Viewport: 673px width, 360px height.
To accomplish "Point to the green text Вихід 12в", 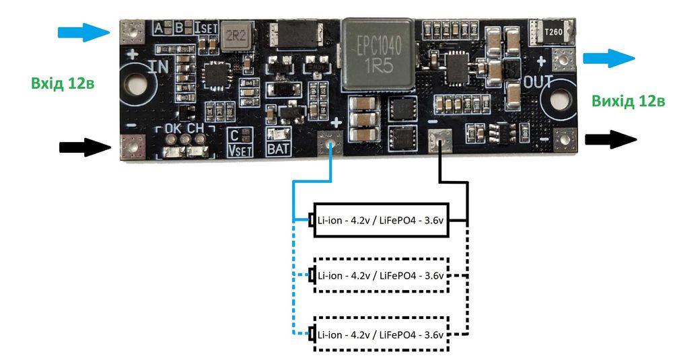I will tap(629, 101).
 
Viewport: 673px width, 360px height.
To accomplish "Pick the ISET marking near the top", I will tap(205, 28).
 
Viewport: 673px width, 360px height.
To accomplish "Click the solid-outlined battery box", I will tap(380, 219).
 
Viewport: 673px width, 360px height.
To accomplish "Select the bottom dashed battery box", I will tap(380, 334).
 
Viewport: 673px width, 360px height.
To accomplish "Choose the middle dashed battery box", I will tap(380, 276).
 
